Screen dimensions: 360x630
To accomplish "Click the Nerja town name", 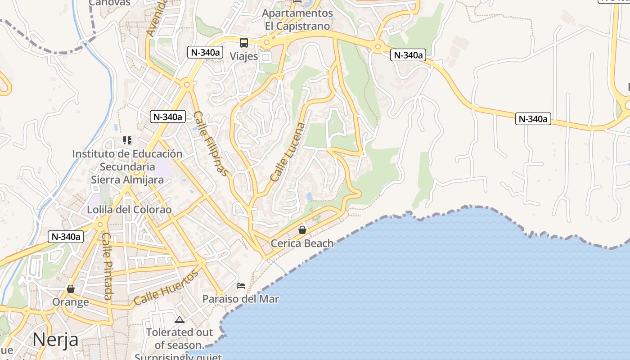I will pos(55,339).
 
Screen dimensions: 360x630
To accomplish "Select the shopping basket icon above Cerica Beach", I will pos(302,230).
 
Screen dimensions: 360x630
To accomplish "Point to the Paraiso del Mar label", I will pos(241,299).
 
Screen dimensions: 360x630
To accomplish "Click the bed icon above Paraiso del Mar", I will pos(241,286).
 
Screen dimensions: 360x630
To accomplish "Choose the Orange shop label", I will pos(71,301).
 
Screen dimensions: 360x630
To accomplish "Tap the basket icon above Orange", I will pos(71,288).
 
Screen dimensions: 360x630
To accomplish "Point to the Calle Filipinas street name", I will pos(211,144).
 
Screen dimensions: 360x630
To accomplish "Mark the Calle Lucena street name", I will pos(288,152).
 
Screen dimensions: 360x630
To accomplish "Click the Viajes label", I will pos(244,56).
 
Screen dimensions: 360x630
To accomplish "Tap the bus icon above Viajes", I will pos(244,43).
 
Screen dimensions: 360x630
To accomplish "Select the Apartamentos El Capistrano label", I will pos(297,19).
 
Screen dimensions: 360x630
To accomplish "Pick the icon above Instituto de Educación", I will pos(127,140).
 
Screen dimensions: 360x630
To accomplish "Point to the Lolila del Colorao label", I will pos(129,210).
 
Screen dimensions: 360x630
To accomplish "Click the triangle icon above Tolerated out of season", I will pos(180,320).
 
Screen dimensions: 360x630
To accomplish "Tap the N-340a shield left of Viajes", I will pos(205,52).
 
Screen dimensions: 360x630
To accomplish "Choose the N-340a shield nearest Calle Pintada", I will pos(66,236).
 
